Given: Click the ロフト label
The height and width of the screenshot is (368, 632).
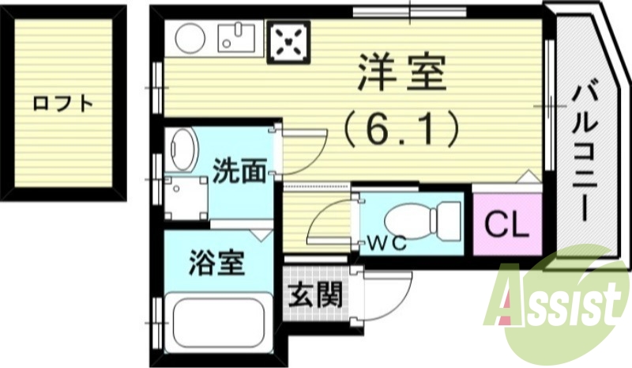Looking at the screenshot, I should click(x=63, y=103).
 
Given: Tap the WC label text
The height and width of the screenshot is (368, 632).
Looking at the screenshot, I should click(x=387, y=244).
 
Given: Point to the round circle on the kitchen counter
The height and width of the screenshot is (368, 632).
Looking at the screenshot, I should click(x=189, y=38).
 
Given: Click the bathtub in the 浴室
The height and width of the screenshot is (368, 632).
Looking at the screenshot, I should click(x=216, y=325).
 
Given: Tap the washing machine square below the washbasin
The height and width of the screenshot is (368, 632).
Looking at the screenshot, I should click(x=186, y=195).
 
